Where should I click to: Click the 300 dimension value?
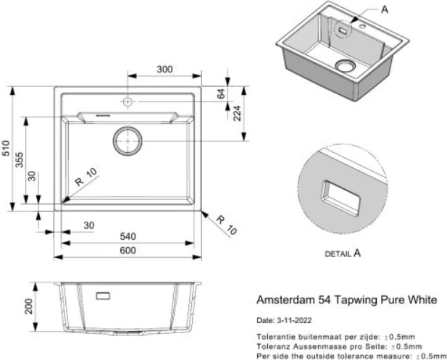(x=164, y=70)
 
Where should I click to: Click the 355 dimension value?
(x=22, y=161)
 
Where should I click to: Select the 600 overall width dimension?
(x=129, y=251)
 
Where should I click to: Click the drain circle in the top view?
(x=128, y=140)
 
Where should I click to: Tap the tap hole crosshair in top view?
(x=128, y=102)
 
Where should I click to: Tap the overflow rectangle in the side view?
(x=101, y=296)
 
